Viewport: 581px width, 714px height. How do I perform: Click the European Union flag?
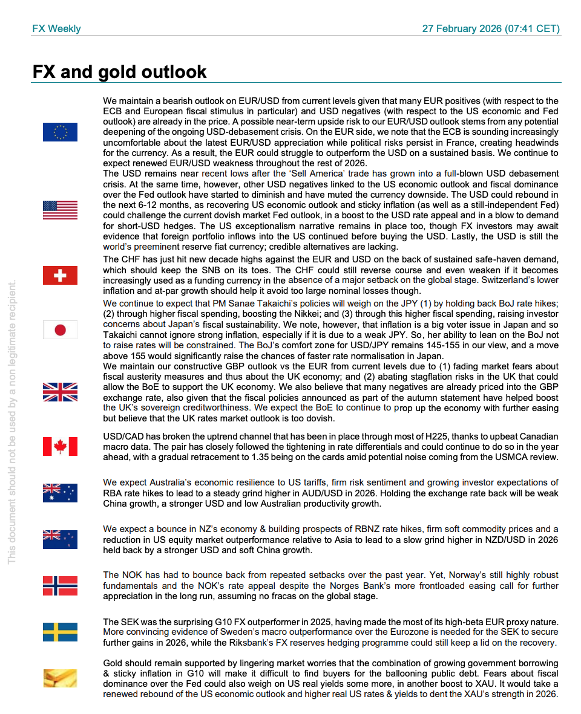click(60, 132)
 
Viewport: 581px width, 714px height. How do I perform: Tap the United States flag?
click(60, 210)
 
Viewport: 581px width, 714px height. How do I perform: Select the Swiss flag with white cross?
click(60, 275)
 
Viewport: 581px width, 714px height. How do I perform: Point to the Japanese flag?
click(60, 329)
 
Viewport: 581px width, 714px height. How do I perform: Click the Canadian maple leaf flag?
click(60, 446)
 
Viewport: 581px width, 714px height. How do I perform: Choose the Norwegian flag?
click(60, 585)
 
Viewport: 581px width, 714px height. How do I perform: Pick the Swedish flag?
click(60, 632)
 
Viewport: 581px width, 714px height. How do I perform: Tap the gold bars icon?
click(60, 678)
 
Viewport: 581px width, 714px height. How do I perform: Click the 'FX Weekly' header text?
click(56, 29)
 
